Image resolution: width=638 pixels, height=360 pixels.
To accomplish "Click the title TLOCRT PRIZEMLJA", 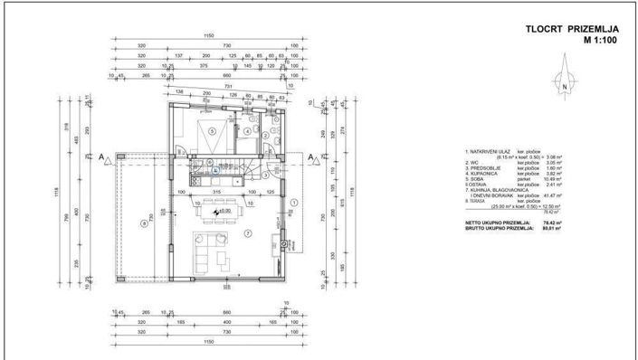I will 569,29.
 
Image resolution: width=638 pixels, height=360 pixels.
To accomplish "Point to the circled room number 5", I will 214,132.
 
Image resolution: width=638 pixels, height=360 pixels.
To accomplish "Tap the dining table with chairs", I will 217,201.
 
